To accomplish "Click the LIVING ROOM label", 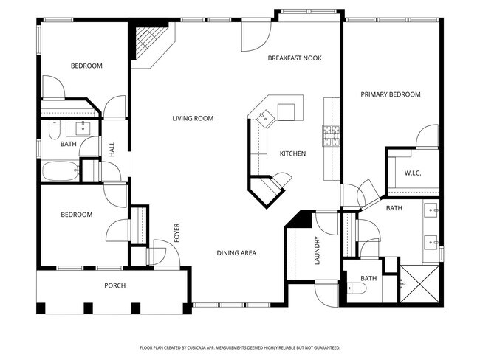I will point(193,118).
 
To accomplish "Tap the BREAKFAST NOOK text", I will point(295,58).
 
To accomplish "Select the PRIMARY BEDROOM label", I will point(391,94).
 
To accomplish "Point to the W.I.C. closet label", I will point(412,173).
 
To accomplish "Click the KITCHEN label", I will point(292,153).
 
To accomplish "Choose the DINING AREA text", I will point(236,253).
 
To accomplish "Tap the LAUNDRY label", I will point(317,251).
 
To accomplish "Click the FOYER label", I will point(177,232).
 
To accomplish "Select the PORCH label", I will point(114,285).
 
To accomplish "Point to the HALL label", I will point(112,150).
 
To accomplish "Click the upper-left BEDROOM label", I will point(86,66).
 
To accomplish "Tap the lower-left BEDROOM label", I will point(77,215).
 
